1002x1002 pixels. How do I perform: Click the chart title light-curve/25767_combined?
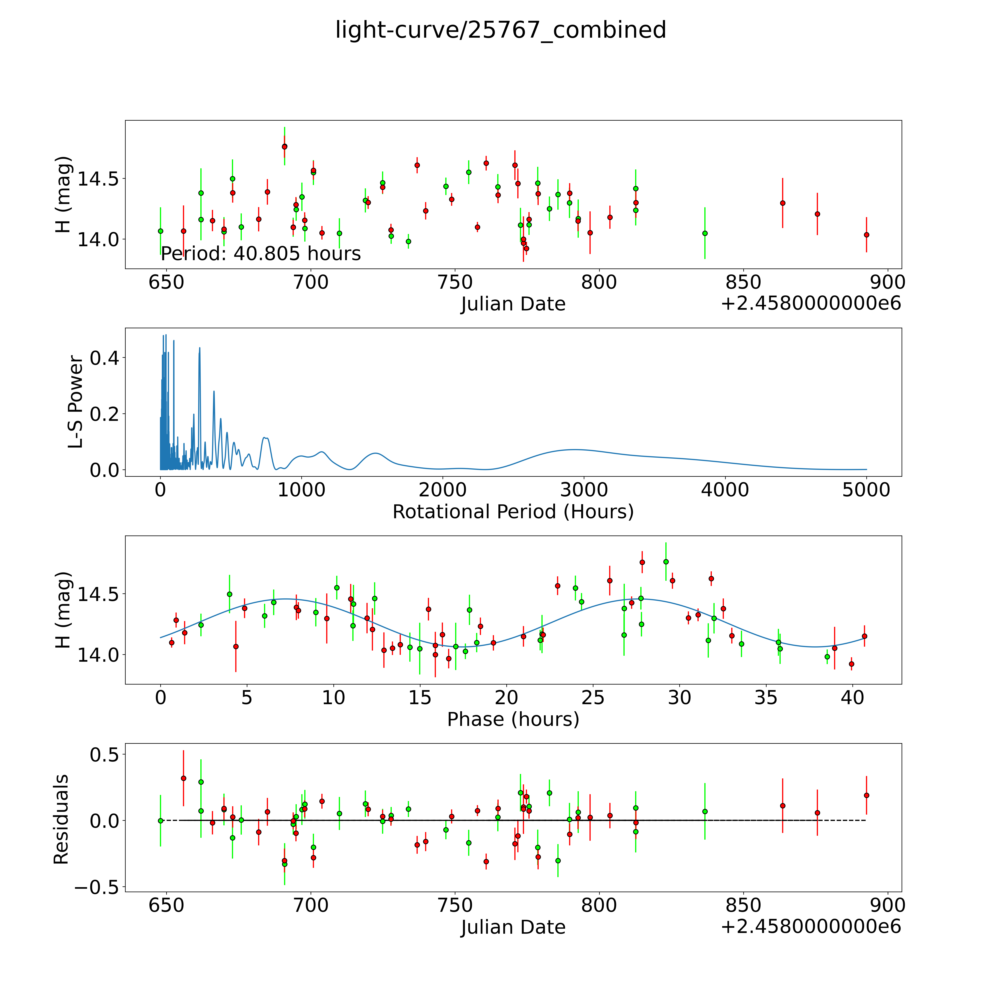coord(500,30)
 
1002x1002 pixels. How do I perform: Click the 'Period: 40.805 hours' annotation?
coord(260,254)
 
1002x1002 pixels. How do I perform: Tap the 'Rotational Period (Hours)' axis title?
coord(513,512)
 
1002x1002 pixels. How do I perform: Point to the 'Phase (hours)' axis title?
coord(513,719)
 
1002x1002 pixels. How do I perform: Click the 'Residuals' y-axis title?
coord(61,819)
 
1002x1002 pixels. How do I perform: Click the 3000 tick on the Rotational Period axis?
coord(584,490)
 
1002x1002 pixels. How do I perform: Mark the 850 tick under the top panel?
coord(743,283)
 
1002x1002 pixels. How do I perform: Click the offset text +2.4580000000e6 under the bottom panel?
coord(811,927)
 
